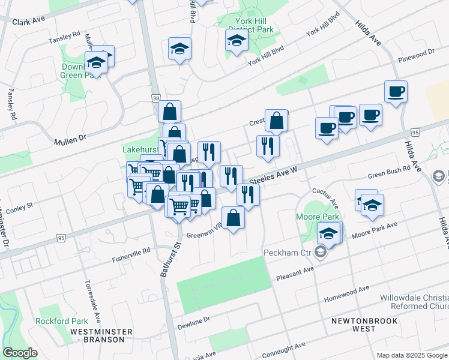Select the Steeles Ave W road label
pyautogui.click(x=273, y=175)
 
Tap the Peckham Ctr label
pyautogui.click(x=288, y=253)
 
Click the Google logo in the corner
pyautogui.click(x=20, y=353)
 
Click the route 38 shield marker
pyautogui.click(x=156, y=97)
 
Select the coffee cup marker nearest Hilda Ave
pyautogui.click(x=396, y=92)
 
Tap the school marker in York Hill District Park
pyautogui.click(x=237, y=40)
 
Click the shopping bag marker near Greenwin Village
pyautogui.click(x=233, y=217)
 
